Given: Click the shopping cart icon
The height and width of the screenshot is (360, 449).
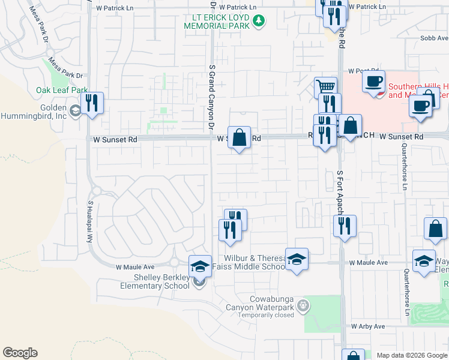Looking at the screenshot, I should point(325,86).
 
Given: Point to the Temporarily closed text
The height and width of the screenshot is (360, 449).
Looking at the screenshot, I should point(266,314).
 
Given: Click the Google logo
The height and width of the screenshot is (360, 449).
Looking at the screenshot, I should point(20,353).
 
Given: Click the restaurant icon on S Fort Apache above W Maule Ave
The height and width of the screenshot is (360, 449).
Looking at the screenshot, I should point(345,226).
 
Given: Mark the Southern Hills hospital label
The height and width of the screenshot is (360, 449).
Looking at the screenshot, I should point(414,91).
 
